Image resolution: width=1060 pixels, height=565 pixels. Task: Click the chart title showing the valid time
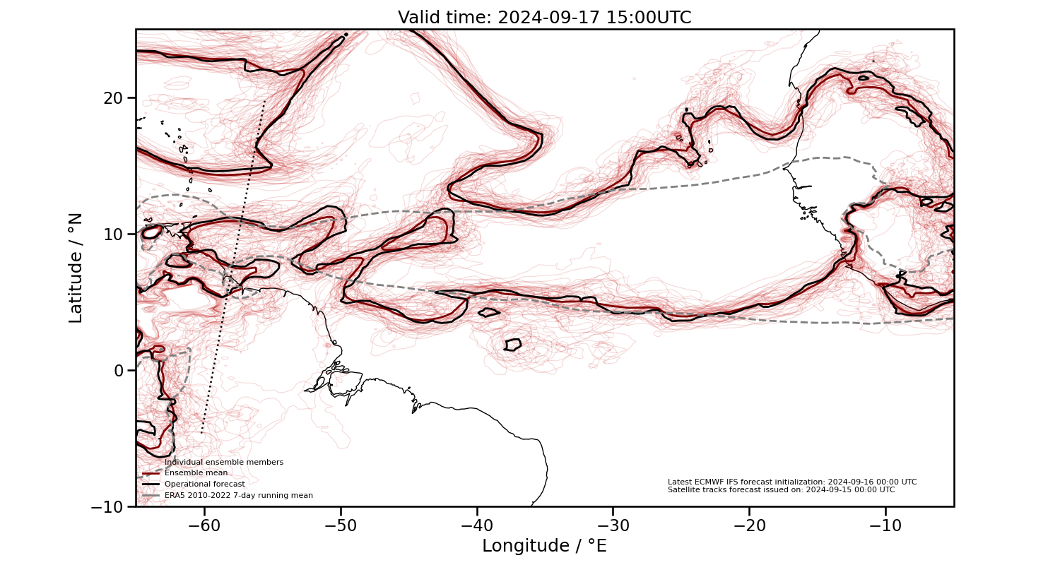544,18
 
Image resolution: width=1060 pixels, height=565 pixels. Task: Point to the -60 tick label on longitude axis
204,525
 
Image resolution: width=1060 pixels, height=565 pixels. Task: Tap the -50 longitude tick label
340,525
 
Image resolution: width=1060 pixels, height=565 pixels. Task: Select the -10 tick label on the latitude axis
110,506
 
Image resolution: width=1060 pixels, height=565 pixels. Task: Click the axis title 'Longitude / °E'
544,546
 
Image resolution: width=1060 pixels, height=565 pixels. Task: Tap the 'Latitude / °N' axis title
76,268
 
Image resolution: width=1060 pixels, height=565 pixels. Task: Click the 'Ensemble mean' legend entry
196,473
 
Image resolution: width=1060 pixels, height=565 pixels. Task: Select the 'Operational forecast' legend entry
204,484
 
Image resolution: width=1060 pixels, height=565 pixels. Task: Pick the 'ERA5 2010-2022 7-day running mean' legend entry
238,496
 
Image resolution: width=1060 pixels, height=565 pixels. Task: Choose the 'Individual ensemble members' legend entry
223,463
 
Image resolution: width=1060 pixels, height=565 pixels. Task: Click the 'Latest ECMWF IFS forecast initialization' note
791,482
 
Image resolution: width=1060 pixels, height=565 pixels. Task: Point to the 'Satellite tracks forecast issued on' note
781,489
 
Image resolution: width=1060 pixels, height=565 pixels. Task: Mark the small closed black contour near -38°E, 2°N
512,345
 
